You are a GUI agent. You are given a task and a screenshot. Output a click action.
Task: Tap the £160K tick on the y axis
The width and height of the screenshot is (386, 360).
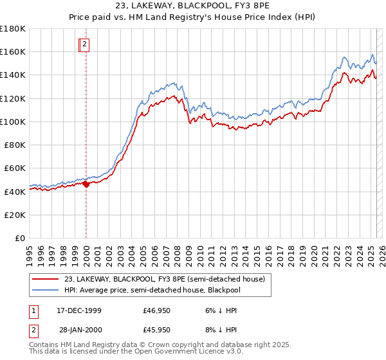coord(13,51)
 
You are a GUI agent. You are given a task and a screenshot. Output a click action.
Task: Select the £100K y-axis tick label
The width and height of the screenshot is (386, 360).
coord(13,122)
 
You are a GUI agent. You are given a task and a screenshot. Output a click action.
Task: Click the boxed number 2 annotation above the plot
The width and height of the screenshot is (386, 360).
coord(84,44)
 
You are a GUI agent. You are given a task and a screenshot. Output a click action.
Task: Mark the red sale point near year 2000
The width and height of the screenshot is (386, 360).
coord(86,184)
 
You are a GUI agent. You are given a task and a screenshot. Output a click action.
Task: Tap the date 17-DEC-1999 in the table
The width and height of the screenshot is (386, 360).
coord(78,310)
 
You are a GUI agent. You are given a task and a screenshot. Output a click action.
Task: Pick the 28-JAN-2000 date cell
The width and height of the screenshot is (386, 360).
coord(78,331)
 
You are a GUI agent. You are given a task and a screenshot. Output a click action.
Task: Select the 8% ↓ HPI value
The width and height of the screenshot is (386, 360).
coord(221,331)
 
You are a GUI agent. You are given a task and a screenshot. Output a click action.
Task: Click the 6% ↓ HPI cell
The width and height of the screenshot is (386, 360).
coord(221,310)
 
